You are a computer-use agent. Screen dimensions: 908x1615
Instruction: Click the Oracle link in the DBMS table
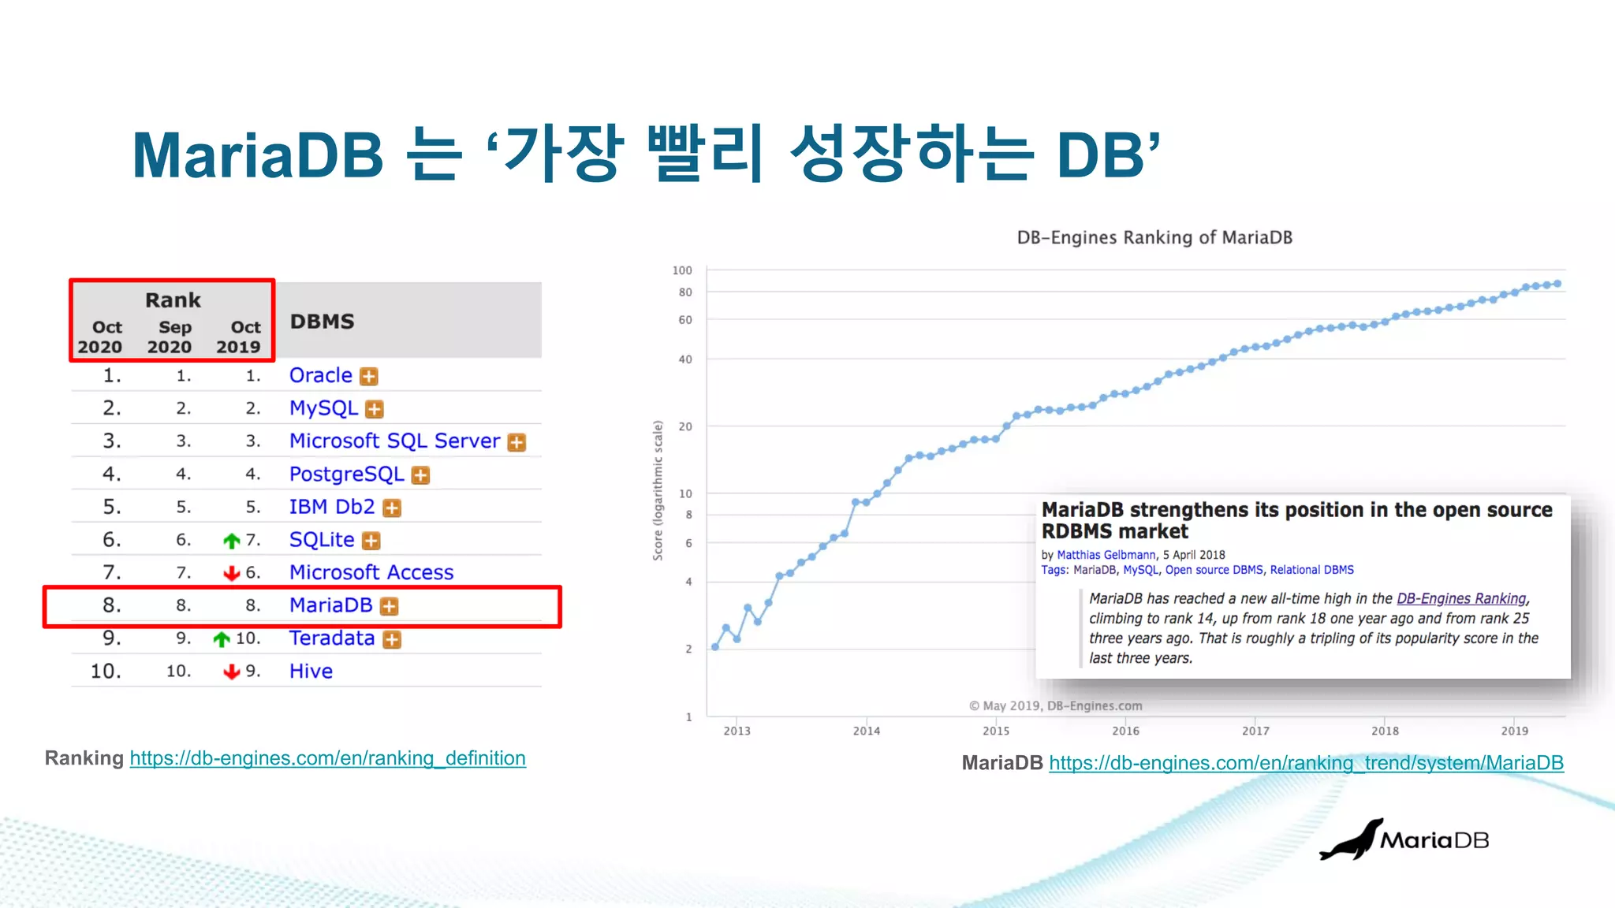pyautogui.click(x=320, y=375)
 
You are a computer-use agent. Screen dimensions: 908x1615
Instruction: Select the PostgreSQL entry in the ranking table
pyautogui.click(x=346, y=474)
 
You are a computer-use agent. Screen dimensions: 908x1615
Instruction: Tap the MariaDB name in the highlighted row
pyautogui.click(x=330, y=605)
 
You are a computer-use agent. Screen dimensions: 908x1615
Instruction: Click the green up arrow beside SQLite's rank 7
pyautogui.click(x=231, y=541)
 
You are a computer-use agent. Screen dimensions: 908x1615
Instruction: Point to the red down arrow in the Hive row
pyautogui.click(x=231, y=672)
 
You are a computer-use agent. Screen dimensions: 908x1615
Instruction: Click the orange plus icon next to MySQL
pyautogui.click(x=375, y=409)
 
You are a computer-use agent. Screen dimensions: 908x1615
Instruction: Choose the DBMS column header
pyautogui.click(x=322, y=322)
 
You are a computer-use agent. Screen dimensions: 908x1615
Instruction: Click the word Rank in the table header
pyautogui.click(x=173, y=300)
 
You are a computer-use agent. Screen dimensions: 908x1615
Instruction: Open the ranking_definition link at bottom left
pyautogui.click(x=327, y=758)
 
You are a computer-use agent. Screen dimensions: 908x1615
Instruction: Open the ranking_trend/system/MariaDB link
pyautogui.click(x=1306, y=763)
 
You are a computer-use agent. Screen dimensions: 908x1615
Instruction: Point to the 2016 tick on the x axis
pyautogui.click(x=1125, y=731)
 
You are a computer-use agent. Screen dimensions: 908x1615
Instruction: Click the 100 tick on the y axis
pyautogui.click(x=682, y=270)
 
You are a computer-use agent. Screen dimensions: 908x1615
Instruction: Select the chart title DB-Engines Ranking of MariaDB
pyautogui.click(x=1154, y=237)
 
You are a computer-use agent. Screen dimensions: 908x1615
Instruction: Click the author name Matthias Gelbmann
pyautogui.click(x=1106, y=555)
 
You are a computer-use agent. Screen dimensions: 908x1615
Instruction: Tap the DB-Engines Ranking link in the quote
pyautogui.click(x=1461, y=599)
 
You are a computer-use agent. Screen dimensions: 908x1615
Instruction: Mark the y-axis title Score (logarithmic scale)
pyautogui.click(x=658, y=490)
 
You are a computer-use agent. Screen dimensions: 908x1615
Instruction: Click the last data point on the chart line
pyautogui.click(x=1557, y=284)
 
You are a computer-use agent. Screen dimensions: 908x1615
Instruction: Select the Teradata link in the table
pyautogui.click(x=331, y=638)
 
